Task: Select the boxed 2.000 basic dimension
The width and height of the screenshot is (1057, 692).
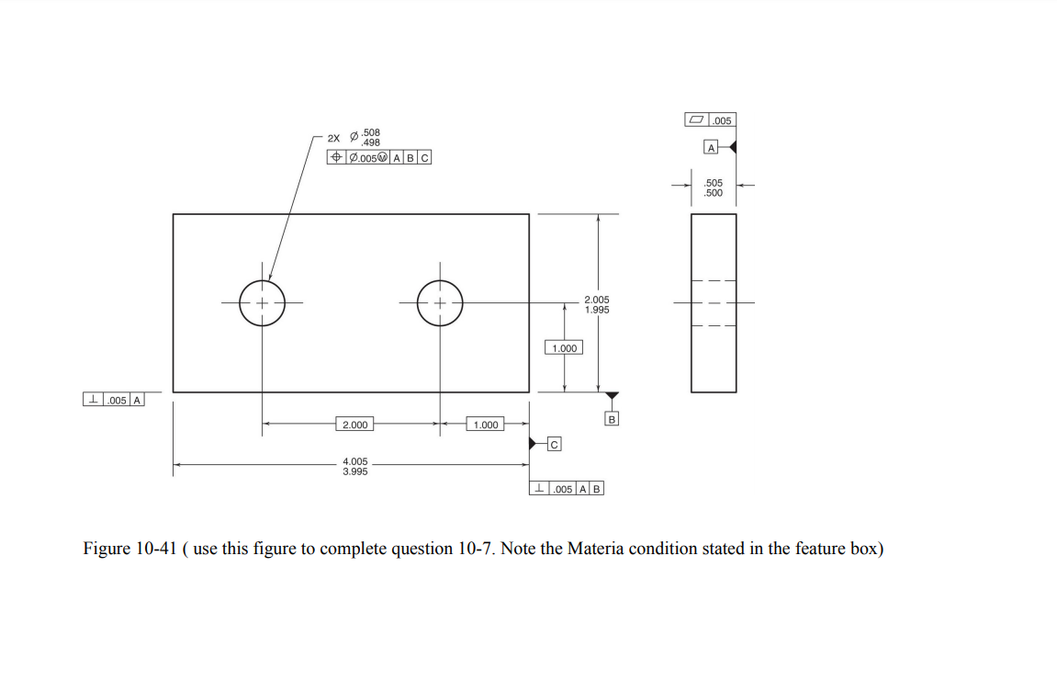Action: [355, 425]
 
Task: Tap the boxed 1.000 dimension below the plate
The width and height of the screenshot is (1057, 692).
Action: [486, 425]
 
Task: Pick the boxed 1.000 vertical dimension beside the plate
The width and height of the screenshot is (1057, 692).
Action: [564, 348]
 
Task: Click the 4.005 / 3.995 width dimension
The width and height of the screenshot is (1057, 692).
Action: [355, 466]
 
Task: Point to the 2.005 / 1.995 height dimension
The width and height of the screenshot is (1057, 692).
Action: [597, 304]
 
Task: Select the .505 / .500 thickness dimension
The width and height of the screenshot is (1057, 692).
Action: [714, 187]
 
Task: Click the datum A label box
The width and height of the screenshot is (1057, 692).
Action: [711, 147]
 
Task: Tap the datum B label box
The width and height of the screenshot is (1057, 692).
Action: [612, 419]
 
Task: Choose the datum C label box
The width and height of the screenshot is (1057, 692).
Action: [554, 444]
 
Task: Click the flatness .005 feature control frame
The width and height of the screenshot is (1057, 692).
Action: [711, 120]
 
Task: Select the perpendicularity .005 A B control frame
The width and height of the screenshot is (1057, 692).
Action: [567, 488]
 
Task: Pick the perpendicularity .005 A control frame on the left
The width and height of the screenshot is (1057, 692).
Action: [113, 400]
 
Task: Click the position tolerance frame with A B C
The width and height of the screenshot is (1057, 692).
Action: [379, 157]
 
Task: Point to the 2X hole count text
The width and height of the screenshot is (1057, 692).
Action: [333, 138]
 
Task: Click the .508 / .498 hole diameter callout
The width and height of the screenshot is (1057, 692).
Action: [365, 138]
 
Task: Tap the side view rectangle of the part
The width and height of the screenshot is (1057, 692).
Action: [714, 303]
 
